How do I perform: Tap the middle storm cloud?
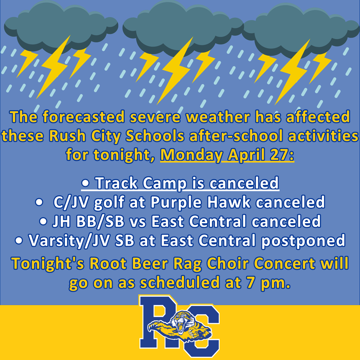tap(180, 25)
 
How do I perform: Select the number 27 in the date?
tap(281, 154)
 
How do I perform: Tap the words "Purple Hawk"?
tap(196, 202)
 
